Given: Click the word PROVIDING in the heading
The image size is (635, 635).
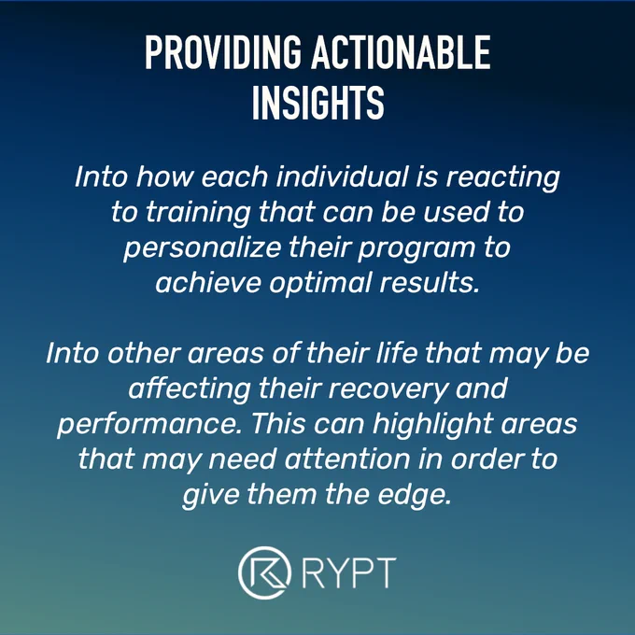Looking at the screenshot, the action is point(223,52).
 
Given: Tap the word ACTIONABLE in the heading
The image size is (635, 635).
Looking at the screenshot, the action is point(401,52).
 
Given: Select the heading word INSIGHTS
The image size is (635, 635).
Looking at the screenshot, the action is point(317,103).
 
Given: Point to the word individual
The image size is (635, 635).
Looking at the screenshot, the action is point(342,177).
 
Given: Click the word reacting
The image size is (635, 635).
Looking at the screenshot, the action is point(503,178).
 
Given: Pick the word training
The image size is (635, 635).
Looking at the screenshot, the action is point(197,213).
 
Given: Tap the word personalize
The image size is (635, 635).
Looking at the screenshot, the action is point(202,248).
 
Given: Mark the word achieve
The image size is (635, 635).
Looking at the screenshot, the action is point(208,282).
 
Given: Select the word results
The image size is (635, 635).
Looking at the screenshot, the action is point(430,282).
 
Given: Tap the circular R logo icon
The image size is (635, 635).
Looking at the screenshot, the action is point(265,572).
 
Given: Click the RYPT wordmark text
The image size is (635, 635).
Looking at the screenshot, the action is point(349,572).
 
